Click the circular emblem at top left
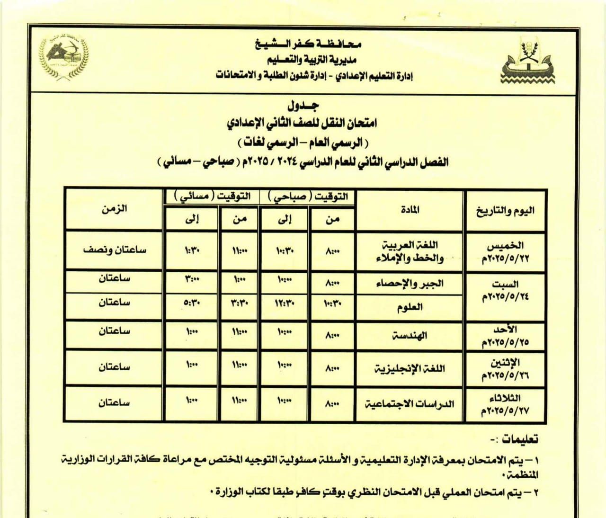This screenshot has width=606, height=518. coord(64,54)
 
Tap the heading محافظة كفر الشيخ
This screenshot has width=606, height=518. coord(308,45)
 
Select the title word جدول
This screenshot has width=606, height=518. coord(303,105)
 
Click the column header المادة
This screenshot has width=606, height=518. coord(410,210)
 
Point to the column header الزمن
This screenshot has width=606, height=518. coord(114,209)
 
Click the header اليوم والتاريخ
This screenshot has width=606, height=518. coord(505,211)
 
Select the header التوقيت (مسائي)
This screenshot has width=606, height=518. coord(212,196)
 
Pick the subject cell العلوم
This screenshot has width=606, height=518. coord(410,308)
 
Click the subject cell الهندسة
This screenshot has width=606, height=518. coord(410,336)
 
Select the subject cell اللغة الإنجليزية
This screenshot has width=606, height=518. coord(410,368)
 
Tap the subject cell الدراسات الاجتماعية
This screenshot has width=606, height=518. coord(410,404)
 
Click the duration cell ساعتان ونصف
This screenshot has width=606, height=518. coord(114,250)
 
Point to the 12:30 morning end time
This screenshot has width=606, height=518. coord(285,303)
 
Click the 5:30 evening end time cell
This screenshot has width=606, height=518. coord(192,303)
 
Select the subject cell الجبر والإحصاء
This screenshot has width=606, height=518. coord(410,283)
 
